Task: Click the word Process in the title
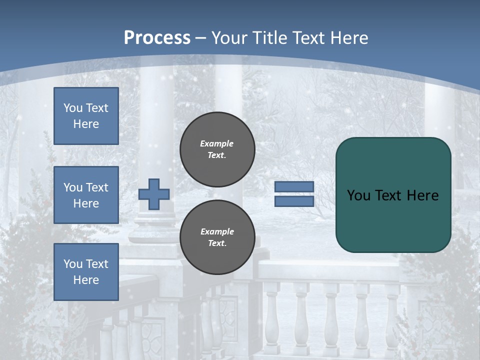click(157, 38)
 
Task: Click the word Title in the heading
click(269, 38)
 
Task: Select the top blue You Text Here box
click(86, 116)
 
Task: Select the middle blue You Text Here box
click(86, 195)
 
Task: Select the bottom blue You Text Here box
click(86, 271)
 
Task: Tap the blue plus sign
click(154, 194)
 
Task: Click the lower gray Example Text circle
click(217, 237)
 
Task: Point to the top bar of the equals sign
click(294, 187)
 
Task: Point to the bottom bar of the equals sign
click(294, 201)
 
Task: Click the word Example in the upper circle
click(217, 143)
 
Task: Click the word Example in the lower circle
click(217, 231)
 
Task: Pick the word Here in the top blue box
click(86, 124)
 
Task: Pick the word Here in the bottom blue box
click(86, 280)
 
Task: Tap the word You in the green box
click(358, 195)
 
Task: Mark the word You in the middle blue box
click(72, 187)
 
